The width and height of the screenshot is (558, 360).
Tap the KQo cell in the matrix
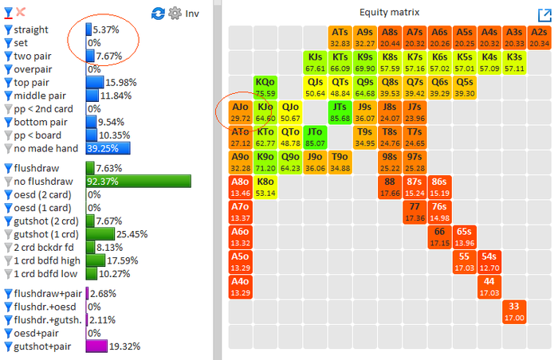(x=265, y=88)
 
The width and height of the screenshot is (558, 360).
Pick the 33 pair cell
(x=514, y=312)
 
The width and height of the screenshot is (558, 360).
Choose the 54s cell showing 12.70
(x=489, y=262)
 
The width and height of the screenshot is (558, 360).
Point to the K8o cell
(x=265, y=187)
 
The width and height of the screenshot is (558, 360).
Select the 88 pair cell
(x=389, y=187)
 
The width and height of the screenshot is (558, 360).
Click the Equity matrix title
(x=387, y=12)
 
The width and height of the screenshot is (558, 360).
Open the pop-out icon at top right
(x=545, y=14)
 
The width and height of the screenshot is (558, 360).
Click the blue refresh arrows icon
(x=158, y=14)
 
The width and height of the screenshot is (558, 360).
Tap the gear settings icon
(x=175, y=14)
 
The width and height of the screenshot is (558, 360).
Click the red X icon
(x=21, y=13)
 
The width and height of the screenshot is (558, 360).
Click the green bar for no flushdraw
(x=138, y=182)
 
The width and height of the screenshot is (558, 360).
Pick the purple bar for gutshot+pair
(x=96, y=346)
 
